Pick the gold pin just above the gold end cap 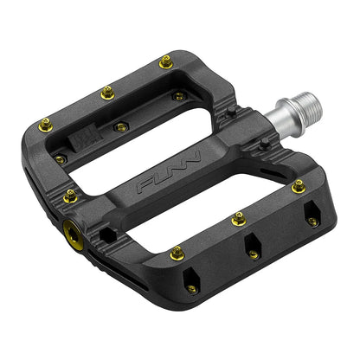point(70,196)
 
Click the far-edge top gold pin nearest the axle point(165,61)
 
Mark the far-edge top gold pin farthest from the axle point(47,125)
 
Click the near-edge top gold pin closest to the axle point(298,184)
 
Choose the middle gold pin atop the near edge point(239,220)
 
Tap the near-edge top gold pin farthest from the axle point(177,253)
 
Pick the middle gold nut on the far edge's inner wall point(120,127)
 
